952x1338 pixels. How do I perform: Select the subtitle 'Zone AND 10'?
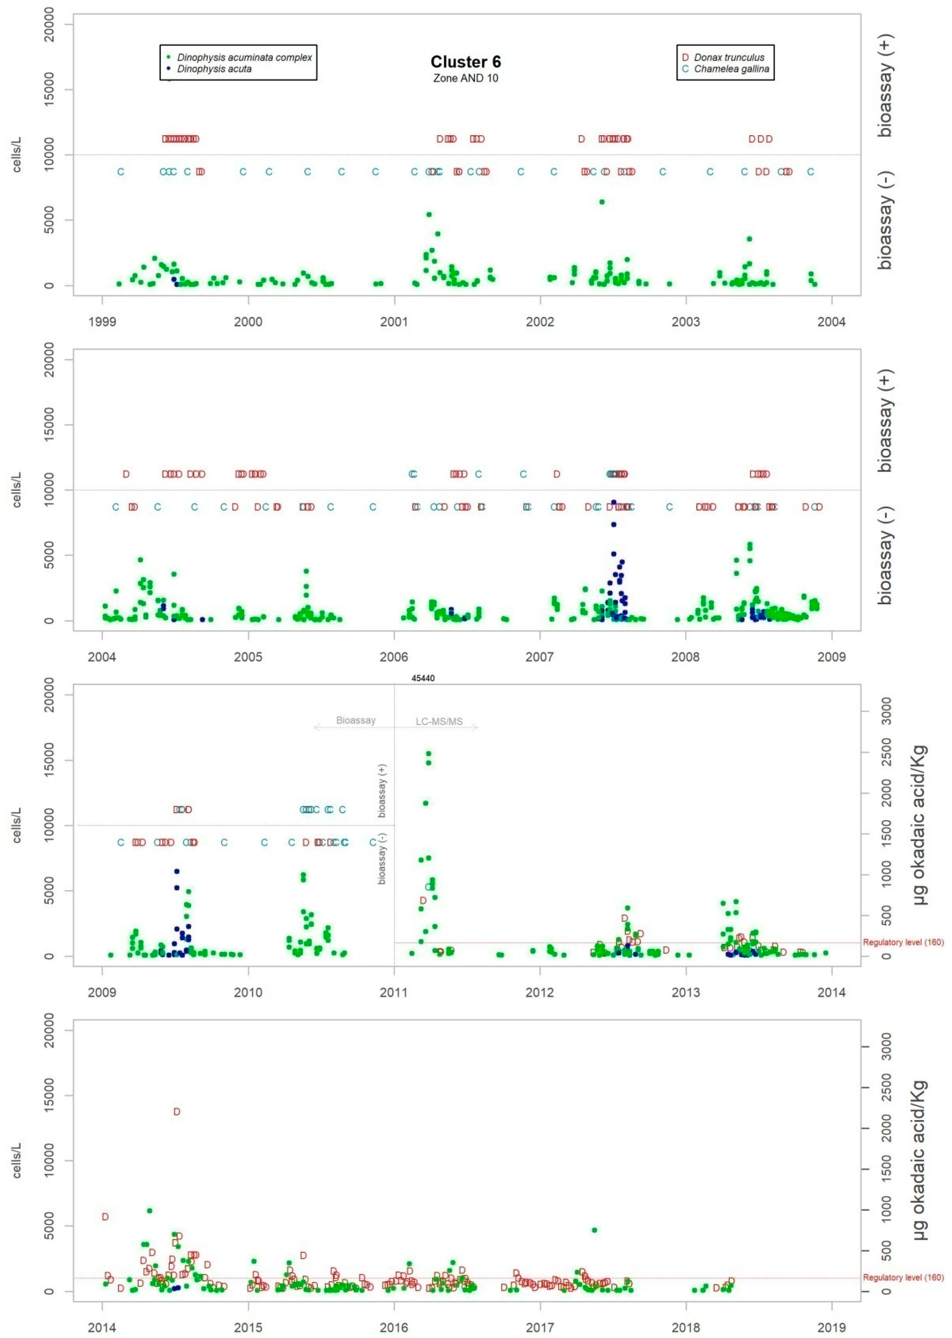(x=465, y=78)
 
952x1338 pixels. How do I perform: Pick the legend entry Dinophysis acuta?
(x=214, y=69)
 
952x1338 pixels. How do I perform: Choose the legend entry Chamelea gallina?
(x=731, y=69)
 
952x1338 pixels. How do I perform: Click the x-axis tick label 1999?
(x=102, y=322)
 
